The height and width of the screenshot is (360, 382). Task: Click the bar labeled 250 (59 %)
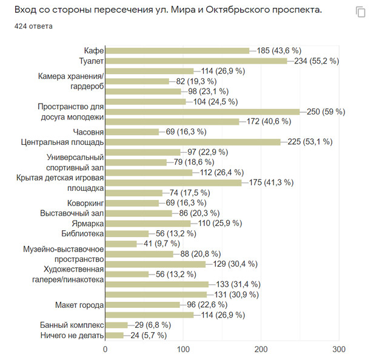(x=203, y=112)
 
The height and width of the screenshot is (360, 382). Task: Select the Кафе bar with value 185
(x=178, y=50)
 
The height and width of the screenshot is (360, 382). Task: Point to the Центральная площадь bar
(x=193, y=142)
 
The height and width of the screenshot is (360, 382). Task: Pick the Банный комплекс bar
(x=116, y=325)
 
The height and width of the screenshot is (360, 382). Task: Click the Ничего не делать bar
(x=115, y=335)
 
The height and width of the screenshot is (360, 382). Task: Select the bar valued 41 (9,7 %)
(x=121, y=244)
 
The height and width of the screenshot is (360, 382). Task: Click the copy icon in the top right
(x=360, y=12)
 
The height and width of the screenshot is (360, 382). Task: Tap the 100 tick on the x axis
(x=184, y=350)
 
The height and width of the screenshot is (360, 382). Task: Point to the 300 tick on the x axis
(x=339, y=350)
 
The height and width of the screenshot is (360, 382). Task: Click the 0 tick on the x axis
(x=106, y=350)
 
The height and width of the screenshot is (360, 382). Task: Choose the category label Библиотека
(x=82, y=233)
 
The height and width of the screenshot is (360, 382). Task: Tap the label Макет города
(x=79, y=304)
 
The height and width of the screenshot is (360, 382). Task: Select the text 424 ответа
(x=33, y=27)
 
